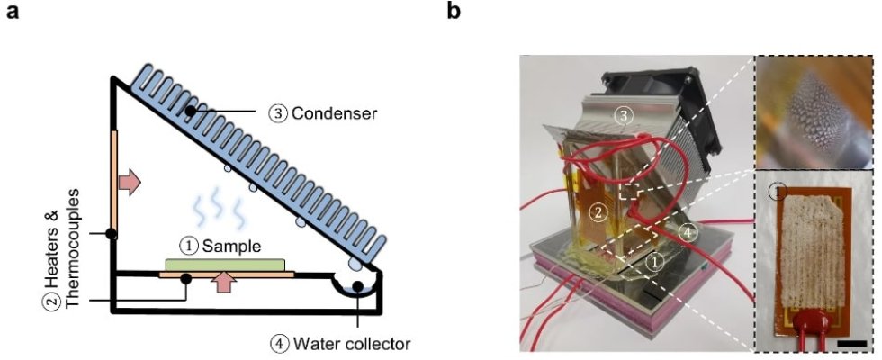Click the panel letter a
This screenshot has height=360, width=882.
click(x=12, y=13)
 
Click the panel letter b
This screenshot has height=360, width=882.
click(x=455, y=13)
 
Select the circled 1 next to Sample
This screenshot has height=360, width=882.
click(x=188, y=244)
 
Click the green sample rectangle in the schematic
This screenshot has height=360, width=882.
click(x=225, y=264)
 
